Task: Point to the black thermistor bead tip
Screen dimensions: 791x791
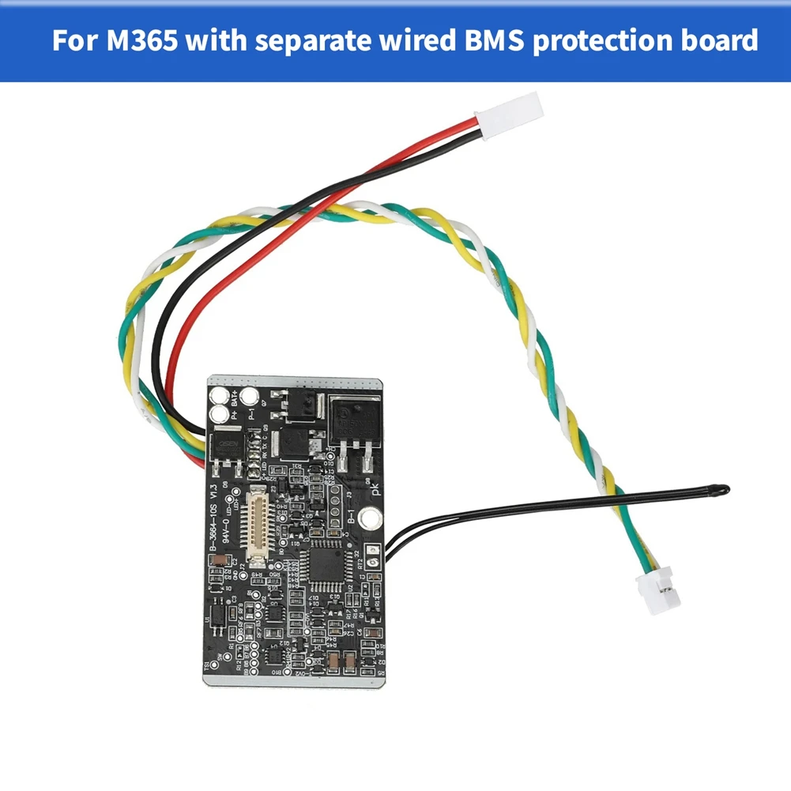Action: click(x=721, y=490)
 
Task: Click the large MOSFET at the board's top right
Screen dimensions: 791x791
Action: click(x=353, y=422)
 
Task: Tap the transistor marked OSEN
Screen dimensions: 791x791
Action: click(x=225, y=448)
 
